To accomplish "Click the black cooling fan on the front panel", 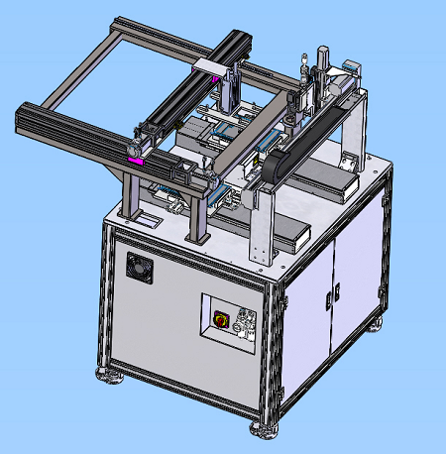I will pyautogui.click(x=138, y=266).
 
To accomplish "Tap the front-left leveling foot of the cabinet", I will pyautogui.click(x=104, y=375).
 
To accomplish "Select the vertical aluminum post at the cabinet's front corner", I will pyautogui.click(x=275, y=352).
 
